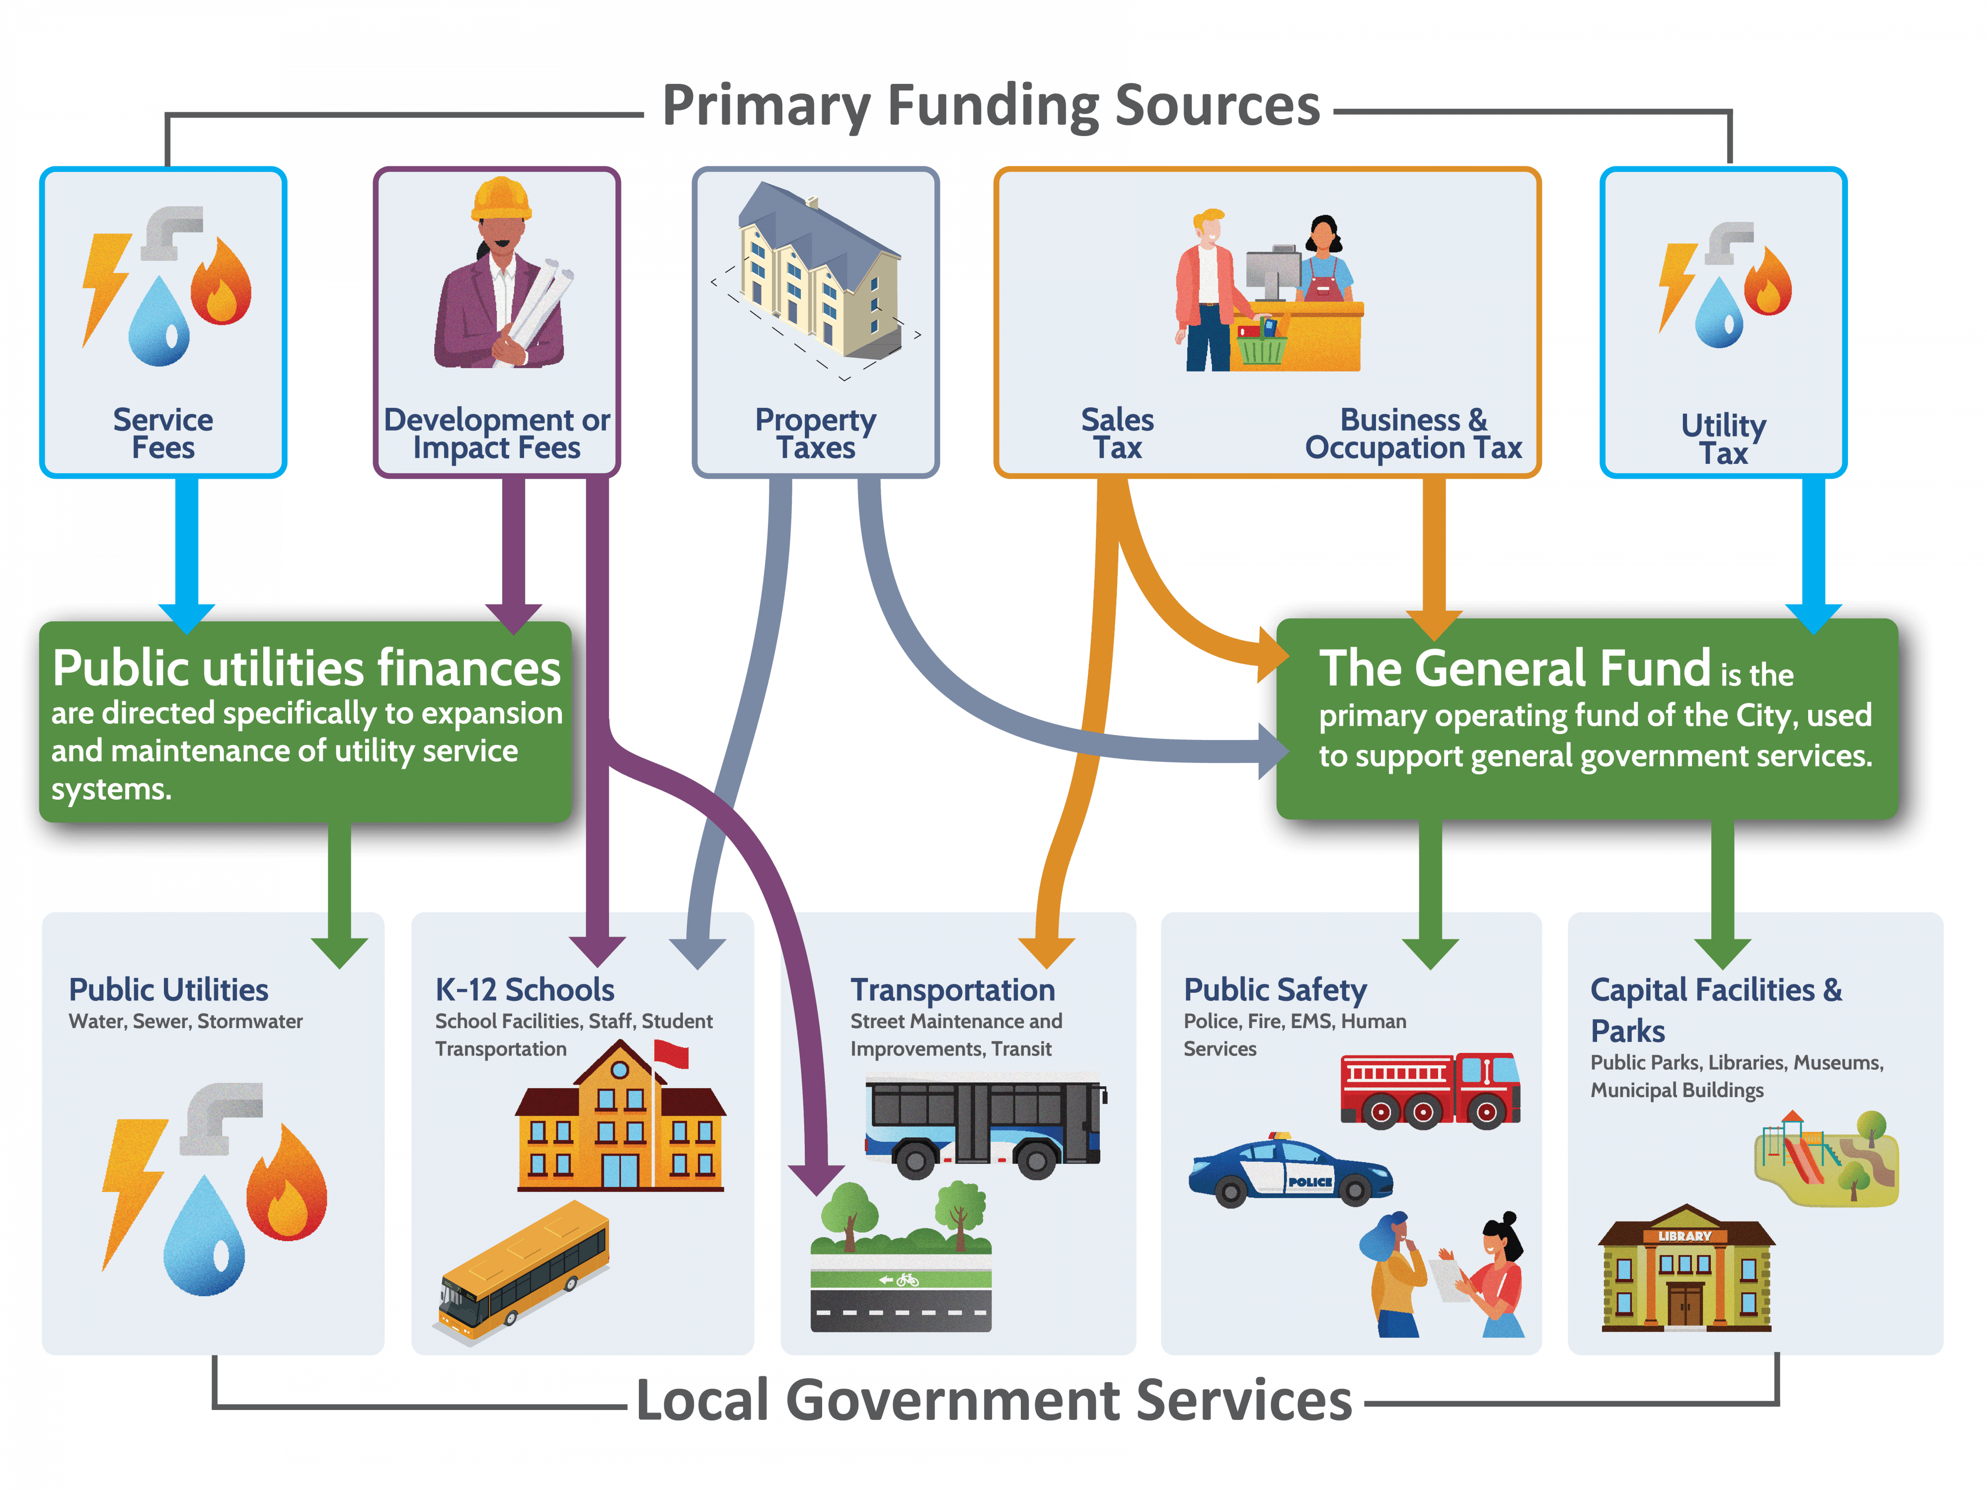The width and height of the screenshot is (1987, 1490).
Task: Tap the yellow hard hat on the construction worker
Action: pos(501,199)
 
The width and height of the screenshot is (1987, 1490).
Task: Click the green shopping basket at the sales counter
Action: pos(1260,345)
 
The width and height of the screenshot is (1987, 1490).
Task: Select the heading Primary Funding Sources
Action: pos(991,106)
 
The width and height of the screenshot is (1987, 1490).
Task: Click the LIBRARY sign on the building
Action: pos(1684,1236)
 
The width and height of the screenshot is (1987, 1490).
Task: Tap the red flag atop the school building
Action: pos(672,1052)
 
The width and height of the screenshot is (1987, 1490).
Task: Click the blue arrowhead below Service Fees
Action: pos(187,618)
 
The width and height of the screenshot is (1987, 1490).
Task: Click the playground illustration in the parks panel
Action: pos(1826,1159)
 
